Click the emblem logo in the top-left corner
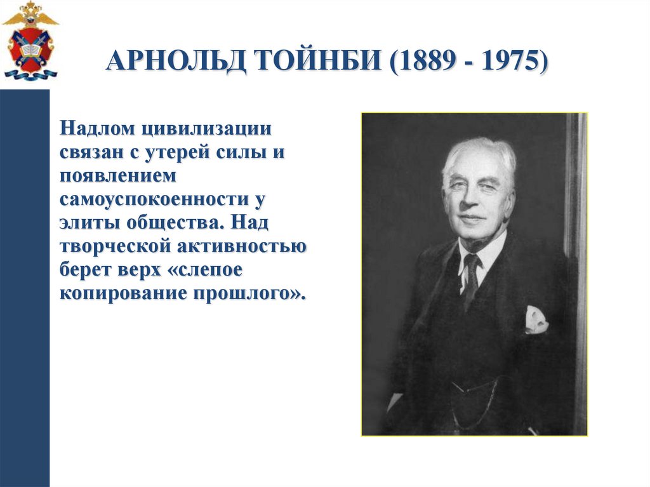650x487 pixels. click(x=30, y=41)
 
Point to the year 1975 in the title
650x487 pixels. click(x=507, y=63)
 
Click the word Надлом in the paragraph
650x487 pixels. click(x=98, y=129)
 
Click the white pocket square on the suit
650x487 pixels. click(x=535, y=319)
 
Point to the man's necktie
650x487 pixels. click(x=470, y=279)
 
